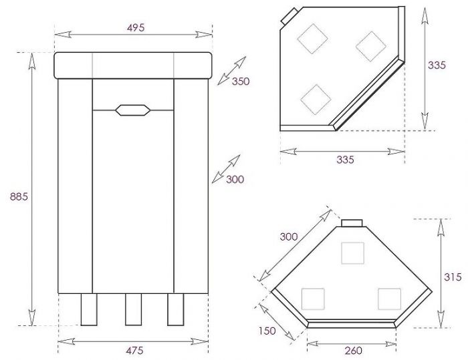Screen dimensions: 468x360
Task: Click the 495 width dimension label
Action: [136, 27]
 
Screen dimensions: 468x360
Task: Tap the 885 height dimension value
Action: [19, 196]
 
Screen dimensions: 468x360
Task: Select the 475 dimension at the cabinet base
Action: [134, 350]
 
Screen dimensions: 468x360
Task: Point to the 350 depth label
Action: [241, 81]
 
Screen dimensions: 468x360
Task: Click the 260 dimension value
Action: [354, 351]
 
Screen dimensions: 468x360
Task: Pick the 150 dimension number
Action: [267, 331]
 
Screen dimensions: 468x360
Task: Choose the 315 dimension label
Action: [453, 277]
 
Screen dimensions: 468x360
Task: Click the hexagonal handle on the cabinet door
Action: [133, 110]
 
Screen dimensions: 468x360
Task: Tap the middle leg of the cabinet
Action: [134, 309]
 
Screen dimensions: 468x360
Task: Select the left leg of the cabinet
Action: [89, 309]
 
